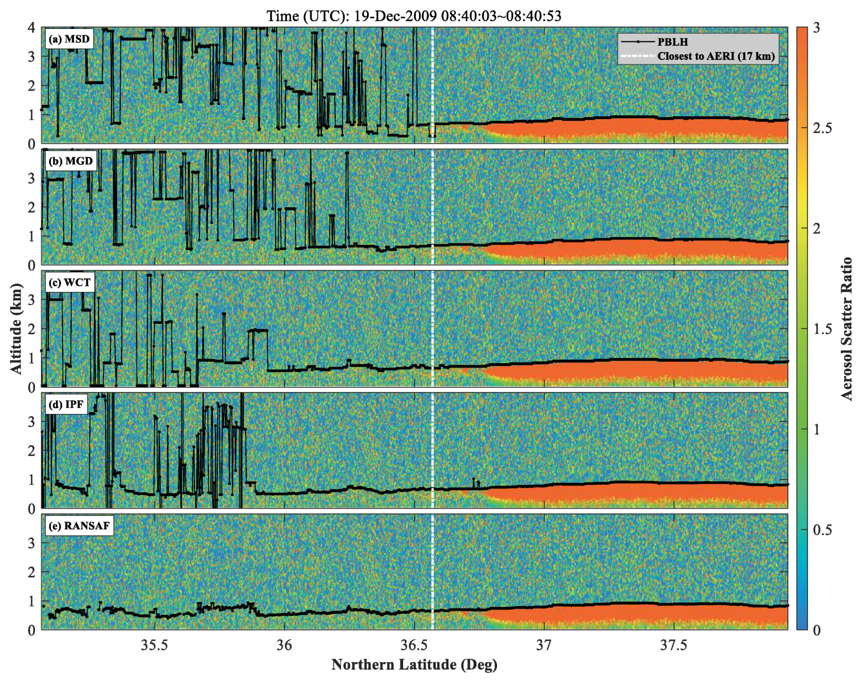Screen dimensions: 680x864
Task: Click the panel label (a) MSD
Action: (x=69, y=39)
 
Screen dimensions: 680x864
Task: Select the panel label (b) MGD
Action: (x=70, y=161)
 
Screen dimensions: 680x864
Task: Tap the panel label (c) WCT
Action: (x=70, y=283)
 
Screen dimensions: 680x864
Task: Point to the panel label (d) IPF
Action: (x=66, y=404)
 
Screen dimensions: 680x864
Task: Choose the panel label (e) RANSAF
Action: (x=79, y=526)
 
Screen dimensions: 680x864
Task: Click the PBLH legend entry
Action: (x=672, y=42)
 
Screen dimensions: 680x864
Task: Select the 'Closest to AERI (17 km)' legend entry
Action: (x=715, y=56)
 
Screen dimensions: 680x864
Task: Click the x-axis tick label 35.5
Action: (x=154, y=645)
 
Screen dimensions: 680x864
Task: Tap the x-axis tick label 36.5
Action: (x=414, y=645)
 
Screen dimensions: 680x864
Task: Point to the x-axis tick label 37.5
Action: (x=674, y=645)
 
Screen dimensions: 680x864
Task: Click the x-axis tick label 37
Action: (x=544, y=645)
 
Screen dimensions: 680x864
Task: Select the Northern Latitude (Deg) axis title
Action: (x=414, y=665)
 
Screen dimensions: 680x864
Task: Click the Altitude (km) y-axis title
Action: (x=16, y=328)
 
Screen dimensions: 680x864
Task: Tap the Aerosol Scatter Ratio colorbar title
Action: (x=847, y=328)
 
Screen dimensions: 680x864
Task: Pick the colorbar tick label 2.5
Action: (x=822, y=128)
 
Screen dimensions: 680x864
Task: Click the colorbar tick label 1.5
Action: (x=822, y=329)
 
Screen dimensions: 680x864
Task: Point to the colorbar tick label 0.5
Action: (x=822, y=530)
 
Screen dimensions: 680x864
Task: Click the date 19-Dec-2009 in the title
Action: (x=395, y=16)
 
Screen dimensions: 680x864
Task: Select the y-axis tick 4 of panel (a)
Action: (x=31, y=28)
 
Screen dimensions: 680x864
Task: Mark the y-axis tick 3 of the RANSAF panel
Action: (x=31, y=543)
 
